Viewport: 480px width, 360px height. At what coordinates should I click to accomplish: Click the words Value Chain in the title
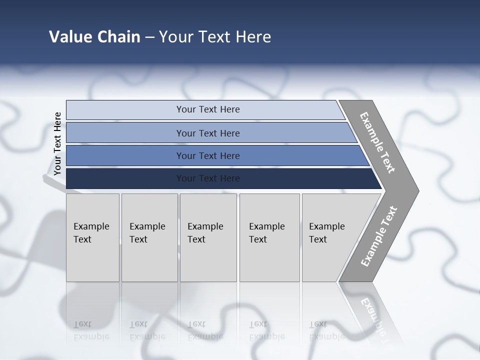tap(94, 37)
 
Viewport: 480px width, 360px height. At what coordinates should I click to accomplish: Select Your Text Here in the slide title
tap(215, 37)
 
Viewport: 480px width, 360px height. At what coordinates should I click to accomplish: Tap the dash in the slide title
tap(149, 37)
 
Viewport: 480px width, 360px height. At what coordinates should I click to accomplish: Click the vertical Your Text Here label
tap(57, 143)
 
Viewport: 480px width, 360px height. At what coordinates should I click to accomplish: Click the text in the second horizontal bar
tap(208, 133)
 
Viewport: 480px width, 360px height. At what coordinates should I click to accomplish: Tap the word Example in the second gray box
tap(147, 226)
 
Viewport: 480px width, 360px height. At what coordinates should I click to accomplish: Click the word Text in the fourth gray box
tap(258, 239)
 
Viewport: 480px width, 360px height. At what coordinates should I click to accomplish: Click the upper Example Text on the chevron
tap(377, 142)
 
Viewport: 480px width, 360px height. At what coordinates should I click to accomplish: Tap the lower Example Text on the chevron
tap(379, 236)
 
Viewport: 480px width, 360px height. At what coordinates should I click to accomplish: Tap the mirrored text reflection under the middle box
tap(205, 330)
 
